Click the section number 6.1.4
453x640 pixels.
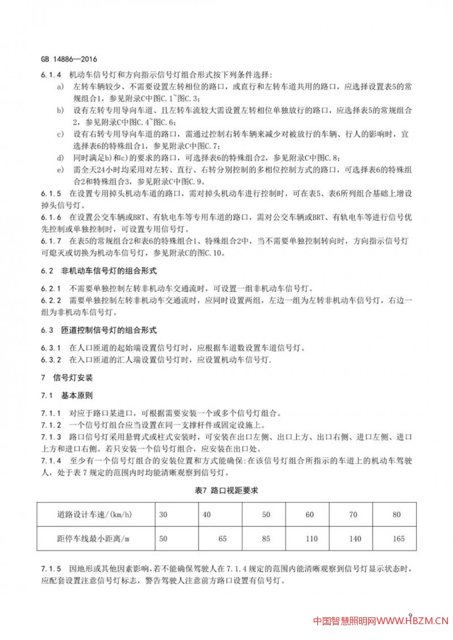click(x=50, y=75)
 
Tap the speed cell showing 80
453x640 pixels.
click(x=396, y=514)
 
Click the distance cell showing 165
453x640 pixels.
click(x=398, y=539)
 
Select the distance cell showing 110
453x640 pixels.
click(x=311, y=539)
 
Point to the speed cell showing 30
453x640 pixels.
click(x=164, y=514)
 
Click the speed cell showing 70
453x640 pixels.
click(x=354, y=514)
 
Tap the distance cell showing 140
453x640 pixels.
click(x=355, y=539)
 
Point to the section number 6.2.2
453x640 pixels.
click(x=50, y=299)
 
